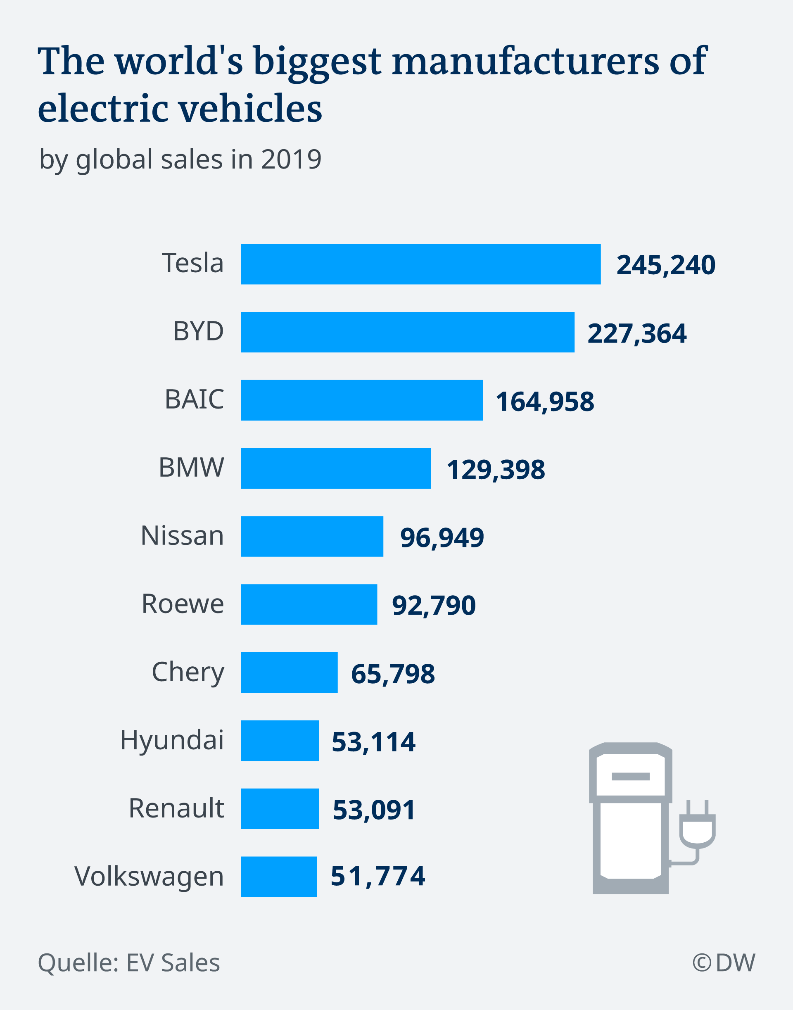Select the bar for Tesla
click(420, 264)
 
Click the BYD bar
click(408, 332)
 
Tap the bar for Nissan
click(312, 536)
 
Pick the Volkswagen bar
click(279, 877)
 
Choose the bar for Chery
click(289, 673)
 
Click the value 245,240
click(665, 265)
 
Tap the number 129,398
click(495, 470)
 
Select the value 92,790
click(434, 606)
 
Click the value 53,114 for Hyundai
click(373, 741)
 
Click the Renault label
click(176, 808)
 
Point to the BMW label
click(191, 467)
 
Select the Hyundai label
click(172, 740)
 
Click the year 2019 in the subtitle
click(291, 159)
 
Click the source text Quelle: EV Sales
click(128, 962)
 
